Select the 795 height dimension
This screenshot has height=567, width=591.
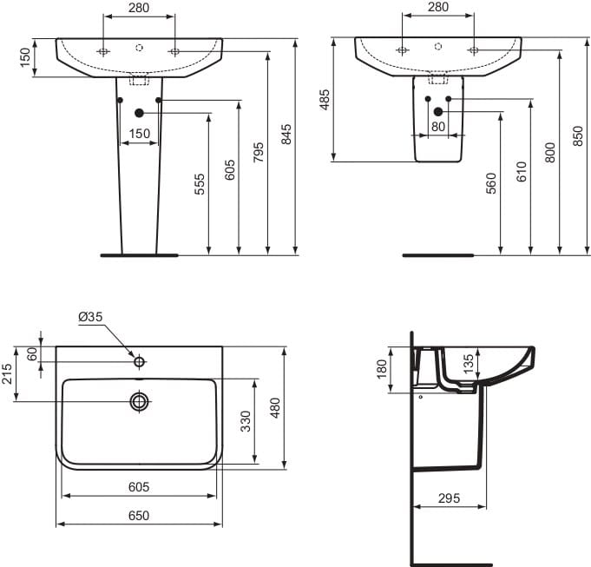259,153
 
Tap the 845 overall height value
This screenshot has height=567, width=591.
286,134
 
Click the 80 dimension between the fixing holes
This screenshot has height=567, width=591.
438,126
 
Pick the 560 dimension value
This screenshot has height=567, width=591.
491,183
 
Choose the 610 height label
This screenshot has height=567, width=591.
521,170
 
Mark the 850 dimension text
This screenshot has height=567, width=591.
579,135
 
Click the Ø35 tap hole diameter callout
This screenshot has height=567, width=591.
90,318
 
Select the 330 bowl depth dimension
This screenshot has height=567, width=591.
246,422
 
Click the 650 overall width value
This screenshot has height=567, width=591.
139,515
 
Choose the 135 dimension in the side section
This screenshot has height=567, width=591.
469,362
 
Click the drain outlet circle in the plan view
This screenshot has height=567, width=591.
139,401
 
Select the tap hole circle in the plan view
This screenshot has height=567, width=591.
139,361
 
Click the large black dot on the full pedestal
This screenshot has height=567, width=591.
139,112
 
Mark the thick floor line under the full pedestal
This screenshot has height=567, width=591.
139,255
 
